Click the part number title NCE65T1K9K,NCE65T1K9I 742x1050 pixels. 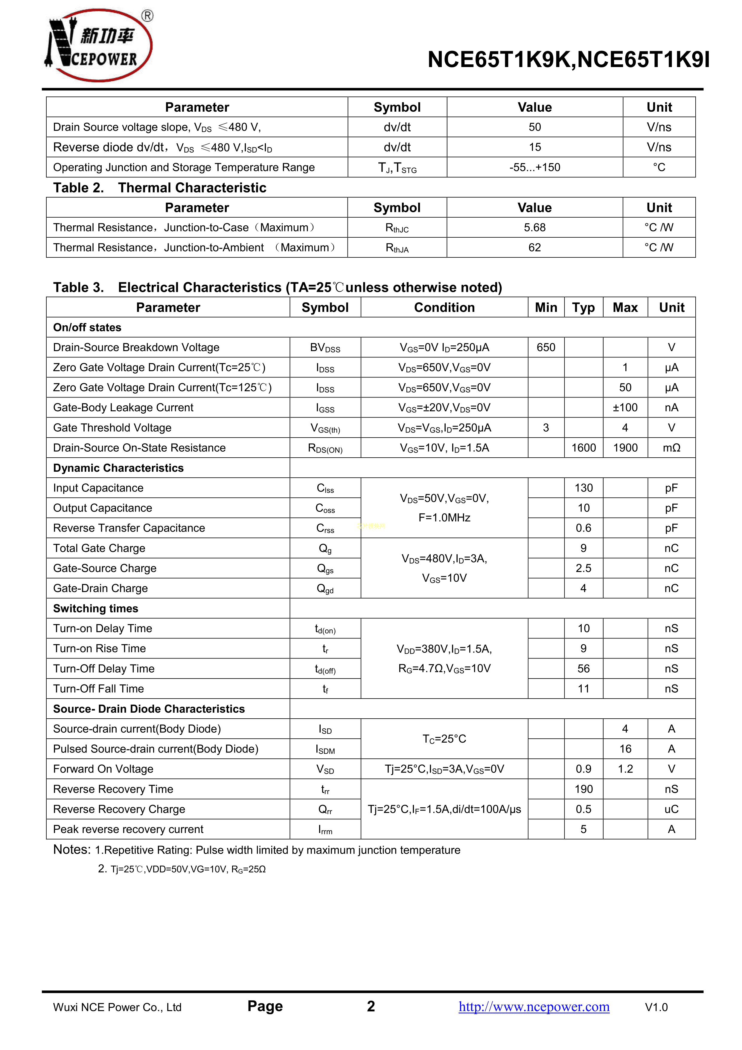(568, 60)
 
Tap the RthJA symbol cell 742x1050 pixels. (397, 248)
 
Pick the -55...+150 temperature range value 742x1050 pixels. (534, 167)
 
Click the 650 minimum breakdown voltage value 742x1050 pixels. (546, 348)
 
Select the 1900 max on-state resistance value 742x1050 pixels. (625, 448)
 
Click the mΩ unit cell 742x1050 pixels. (671, 448)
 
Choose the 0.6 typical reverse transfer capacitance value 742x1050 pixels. (583, 528)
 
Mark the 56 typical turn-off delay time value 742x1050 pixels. (583, 669)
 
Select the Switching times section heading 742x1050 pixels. (95, 609)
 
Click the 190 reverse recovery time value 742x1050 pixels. (583, 789)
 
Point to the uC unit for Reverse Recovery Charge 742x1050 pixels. (671, 809)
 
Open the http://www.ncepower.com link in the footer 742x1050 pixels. (534, 1007)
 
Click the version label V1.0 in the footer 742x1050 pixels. (656, 1007)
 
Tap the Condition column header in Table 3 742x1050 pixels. (444, 307)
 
